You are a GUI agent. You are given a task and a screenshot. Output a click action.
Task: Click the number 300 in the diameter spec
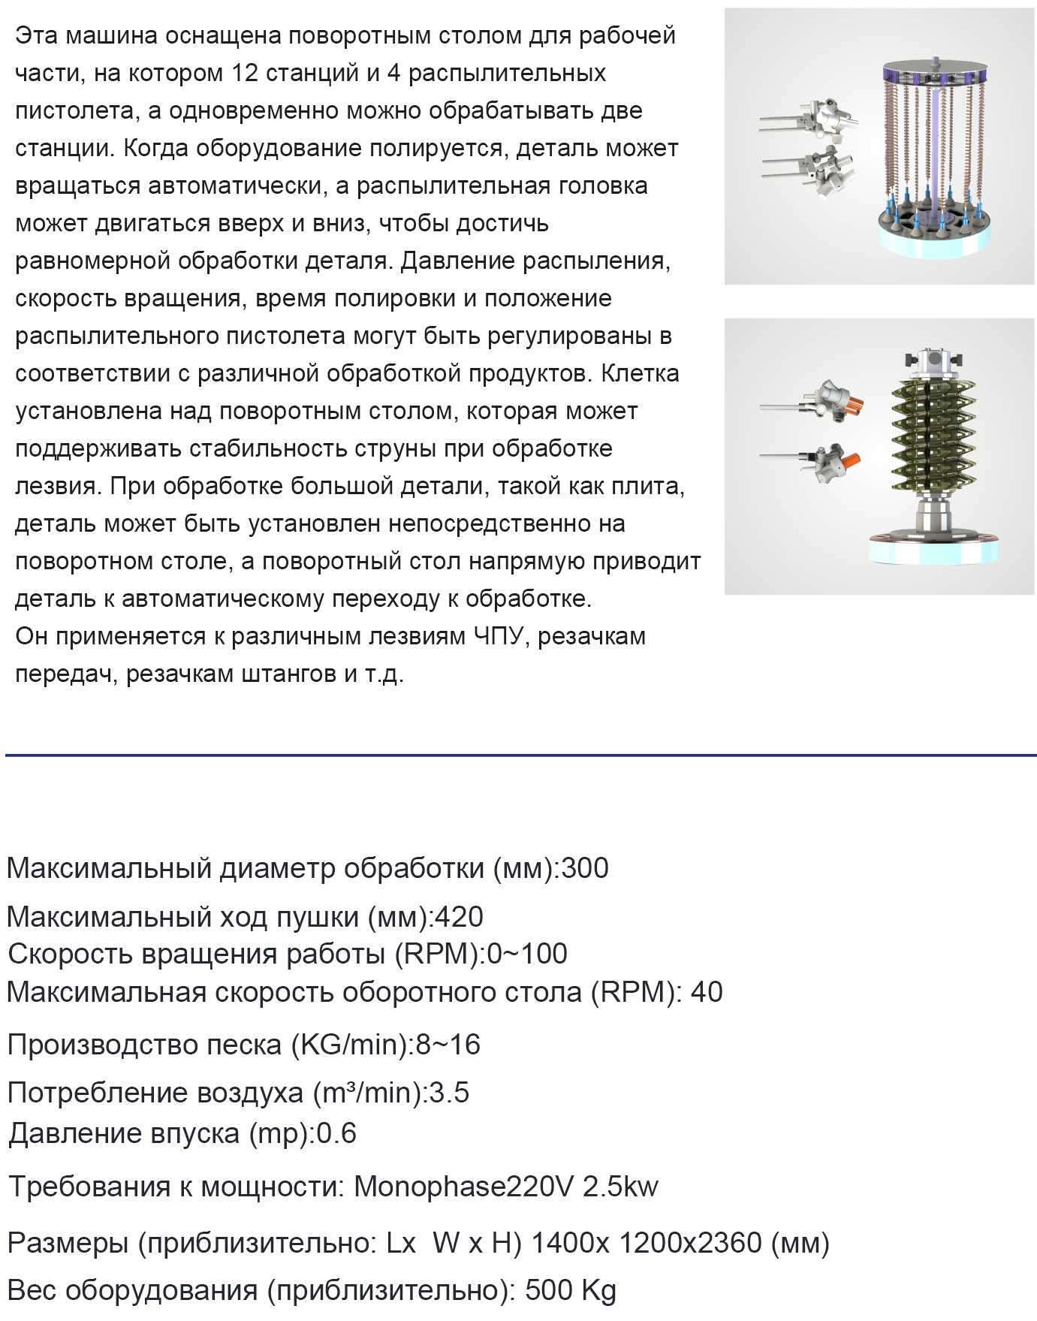click(x=585, y=868)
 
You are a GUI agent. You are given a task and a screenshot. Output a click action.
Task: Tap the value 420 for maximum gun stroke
click(x=460, y=917)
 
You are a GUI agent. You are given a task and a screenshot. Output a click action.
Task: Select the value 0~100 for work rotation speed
click(x=527, y=954)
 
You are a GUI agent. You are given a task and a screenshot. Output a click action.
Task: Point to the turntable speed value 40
click(x=707, y=992)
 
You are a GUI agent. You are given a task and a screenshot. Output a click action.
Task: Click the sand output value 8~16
click(x=448, y=1045)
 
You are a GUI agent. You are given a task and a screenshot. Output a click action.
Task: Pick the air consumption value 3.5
click(x=449, y=1093)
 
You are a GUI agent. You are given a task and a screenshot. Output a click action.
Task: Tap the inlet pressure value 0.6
click(x=336, y=1133)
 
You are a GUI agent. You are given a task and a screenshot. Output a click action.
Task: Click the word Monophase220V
click(x=463, y=1187)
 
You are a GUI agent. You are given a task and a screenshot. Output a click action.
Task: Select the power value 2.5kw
click(x=620, y=1187)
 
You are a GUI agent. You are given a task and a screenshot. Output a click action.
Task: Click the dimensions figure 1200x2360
click(x=690, y=1243)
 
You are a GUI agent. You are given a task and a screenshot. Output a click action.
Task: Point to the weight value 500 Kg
click(x=571, y=1290)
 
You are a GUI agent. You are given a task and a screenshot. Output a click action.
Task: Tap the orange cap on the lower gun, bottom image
click(x=849, y=460)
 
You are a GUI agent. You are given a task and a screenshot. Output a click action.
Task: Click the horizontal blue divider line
click(x=518, y=754)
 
